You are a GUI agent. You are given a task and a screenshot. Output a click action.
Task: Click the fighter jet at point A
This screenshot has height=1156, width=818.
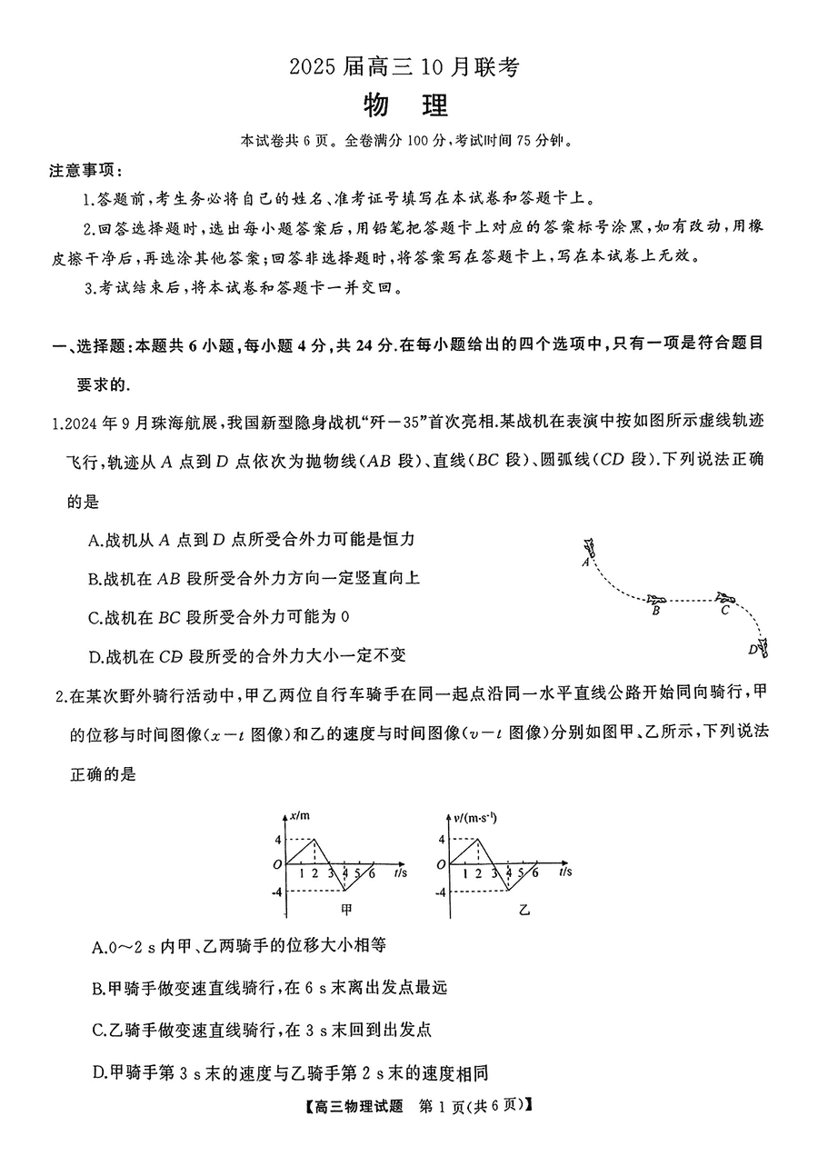pos(592,547)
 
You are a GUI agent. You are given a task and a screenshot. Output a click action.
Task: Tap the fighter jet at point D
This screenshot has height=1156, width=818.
pos(763,648)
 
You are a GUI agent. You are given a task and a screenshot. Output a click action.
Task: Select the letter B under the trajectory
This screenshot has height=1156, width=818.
pos(655,613)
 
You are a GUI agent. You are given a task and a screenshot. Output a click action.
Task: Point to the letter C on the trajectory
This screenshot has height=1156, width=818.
pos(724,611)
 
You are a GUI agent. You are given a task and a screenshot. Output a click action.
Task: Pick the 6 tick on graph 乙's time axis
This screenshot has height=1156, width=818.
pos(534,873)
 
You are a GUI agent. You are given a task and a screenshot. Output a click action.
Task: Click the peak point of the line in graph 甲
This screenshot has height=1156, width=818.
pos(314,839)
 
